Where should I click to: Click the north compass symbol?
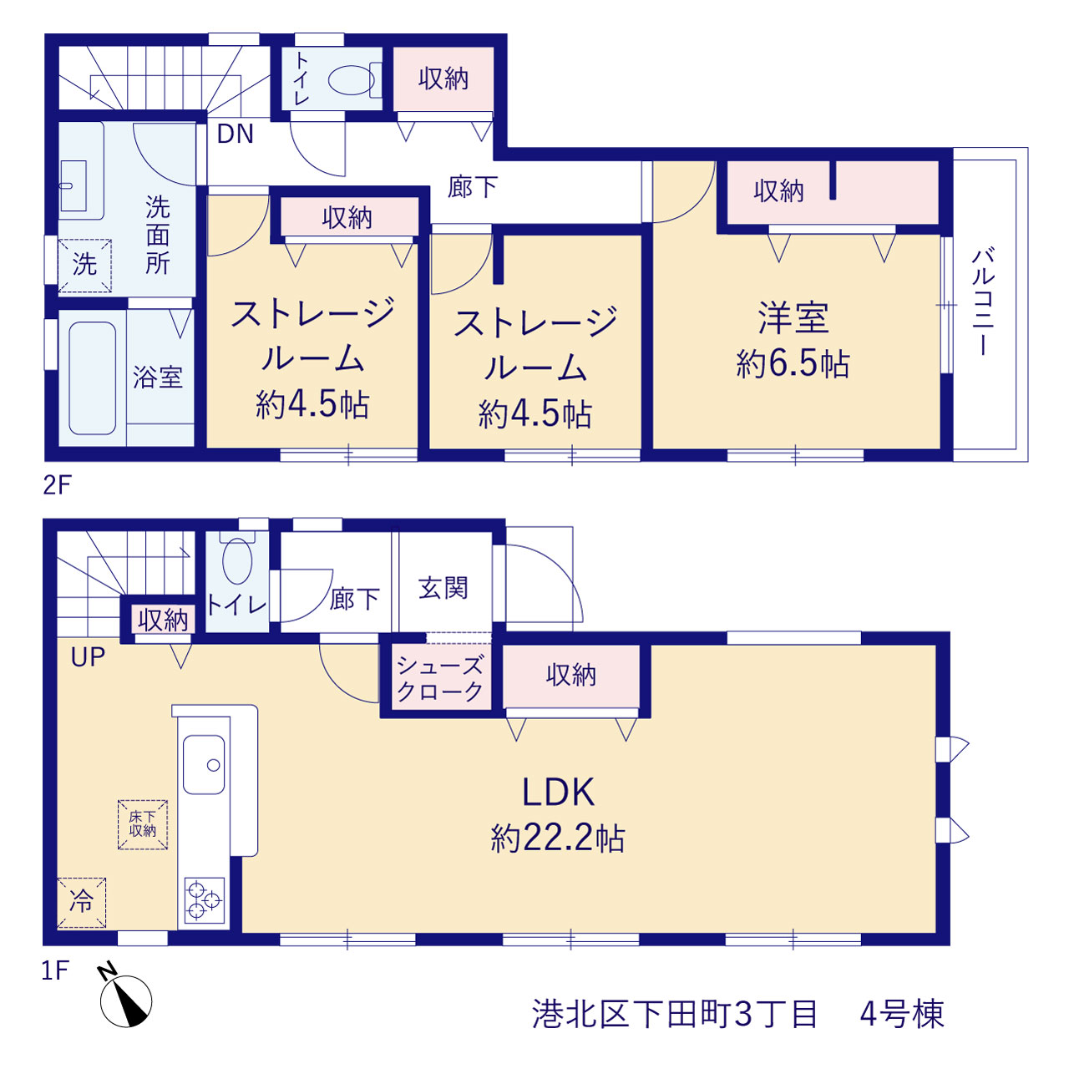[124, 1000]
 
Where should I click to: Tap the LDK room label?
[558, 793]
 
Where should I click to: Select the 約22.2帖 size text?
[558, 838]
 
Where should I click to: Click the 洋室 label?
[793, 317]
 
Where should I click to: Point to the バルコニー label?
[982, 301]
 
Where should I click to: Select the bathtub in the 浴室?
[92, 377]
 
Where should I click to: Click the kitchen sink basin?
[204, 765]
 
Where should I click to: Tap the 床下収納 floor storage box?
[143, 825]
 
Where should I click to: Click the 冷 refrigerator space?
[82, 903]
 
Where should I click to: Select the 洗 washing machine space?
[85, 266]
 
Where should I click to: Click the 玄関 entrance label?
[443, 587]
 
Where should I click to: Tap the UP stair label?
[88, 657]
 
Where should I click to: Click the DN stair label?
[236, 134]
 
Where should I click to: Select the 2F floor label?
[57, 485]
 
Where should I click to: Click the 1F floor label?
[55, 970]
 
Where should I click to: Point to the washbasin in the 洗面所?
[73, 186]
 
